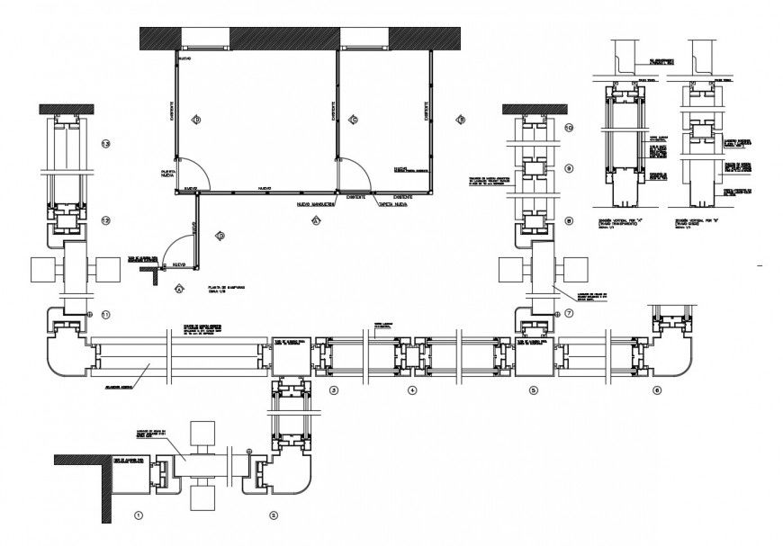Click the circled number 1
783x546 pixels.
(x=138, y=516)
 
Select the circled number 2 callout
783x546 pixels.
(x=274, y=516)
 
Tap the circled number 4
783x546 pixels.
(x=411, y=390)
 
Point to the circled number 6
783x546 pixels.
(x=656, y=390)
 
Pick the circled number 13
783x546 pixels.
(x=105, y=145)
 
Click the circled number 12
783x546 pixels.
(x=105, y=220)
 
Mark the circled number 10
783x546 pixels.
(x=568, y=129)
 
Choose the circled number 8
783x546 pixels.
(x=568, y=220)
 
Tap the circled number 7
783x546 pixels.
(x=568, y=313)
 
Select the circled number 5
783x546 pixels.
(x=533, y=390)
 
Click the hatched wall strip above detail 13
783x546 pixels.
(x=67, y=110)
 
